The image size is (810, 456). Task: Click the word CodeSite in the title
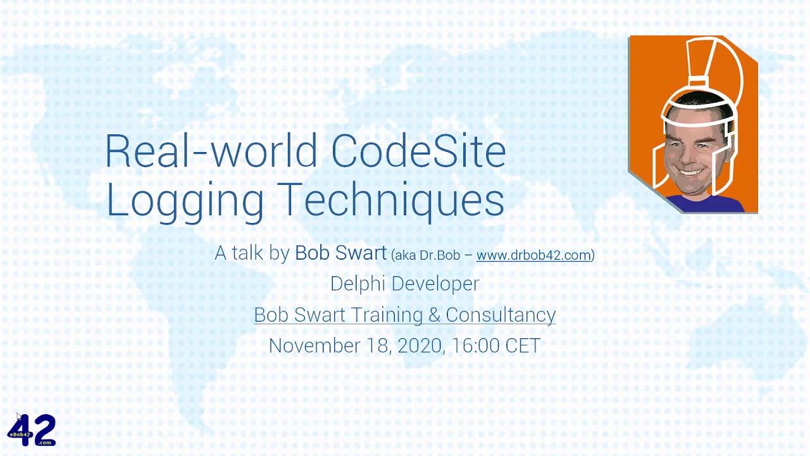(418, 151)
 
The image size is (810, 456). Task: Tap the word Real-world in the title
(211, 151)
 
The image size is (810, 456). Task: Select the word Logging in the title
(185, 199)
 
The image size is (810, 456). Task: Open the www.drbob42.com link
(533, 255)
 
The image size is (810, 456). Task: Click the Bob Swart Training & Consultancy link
(404, 315)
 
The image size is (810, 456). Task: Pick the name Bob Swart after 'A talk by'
(340, 253)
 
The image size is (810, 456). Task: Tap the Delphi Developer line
(404, 283)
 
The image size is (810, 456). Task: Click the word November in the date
(315, 346)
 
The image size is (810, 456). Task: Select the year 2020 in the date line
(421, 346)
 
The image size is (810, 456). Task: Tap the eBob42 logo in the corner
(32, 430)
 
